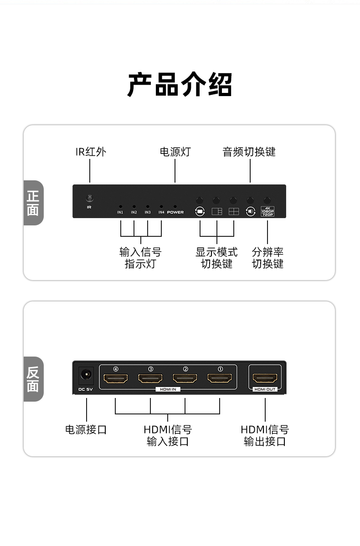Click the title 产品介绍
(x=180, y=85)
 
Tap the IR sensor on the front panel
(x=90, y=198)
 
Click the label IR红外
(x=91, y=152)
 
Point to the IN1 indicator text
(x=120, y=213)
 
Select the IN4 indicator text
(x=161, y=213)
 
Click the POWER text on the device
(x=175, y=213)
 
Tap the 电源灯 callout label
(x=175, y=152)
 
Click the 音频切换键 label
(x=249, y=152)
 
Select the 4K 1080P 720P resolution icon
(x=267, y=211)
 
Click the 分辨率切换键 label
(x=267, y=258)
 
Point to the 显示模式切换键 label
(x=216, y=258)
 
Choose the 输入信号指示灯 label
(x=140, y=258)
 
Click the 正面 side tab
(x=33, y=203)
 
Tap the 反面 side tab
(x=33, y=379)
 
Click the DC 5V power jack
(x=86, y=375)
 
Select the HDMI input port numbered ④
(x=116, y=378)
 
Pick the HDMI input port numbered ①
(x=220, y=378)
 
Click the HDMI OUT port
(x=265, y=378)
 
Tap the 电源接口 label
(x=86, y=429)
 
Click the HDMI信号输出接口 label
(x=265, y=435)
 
